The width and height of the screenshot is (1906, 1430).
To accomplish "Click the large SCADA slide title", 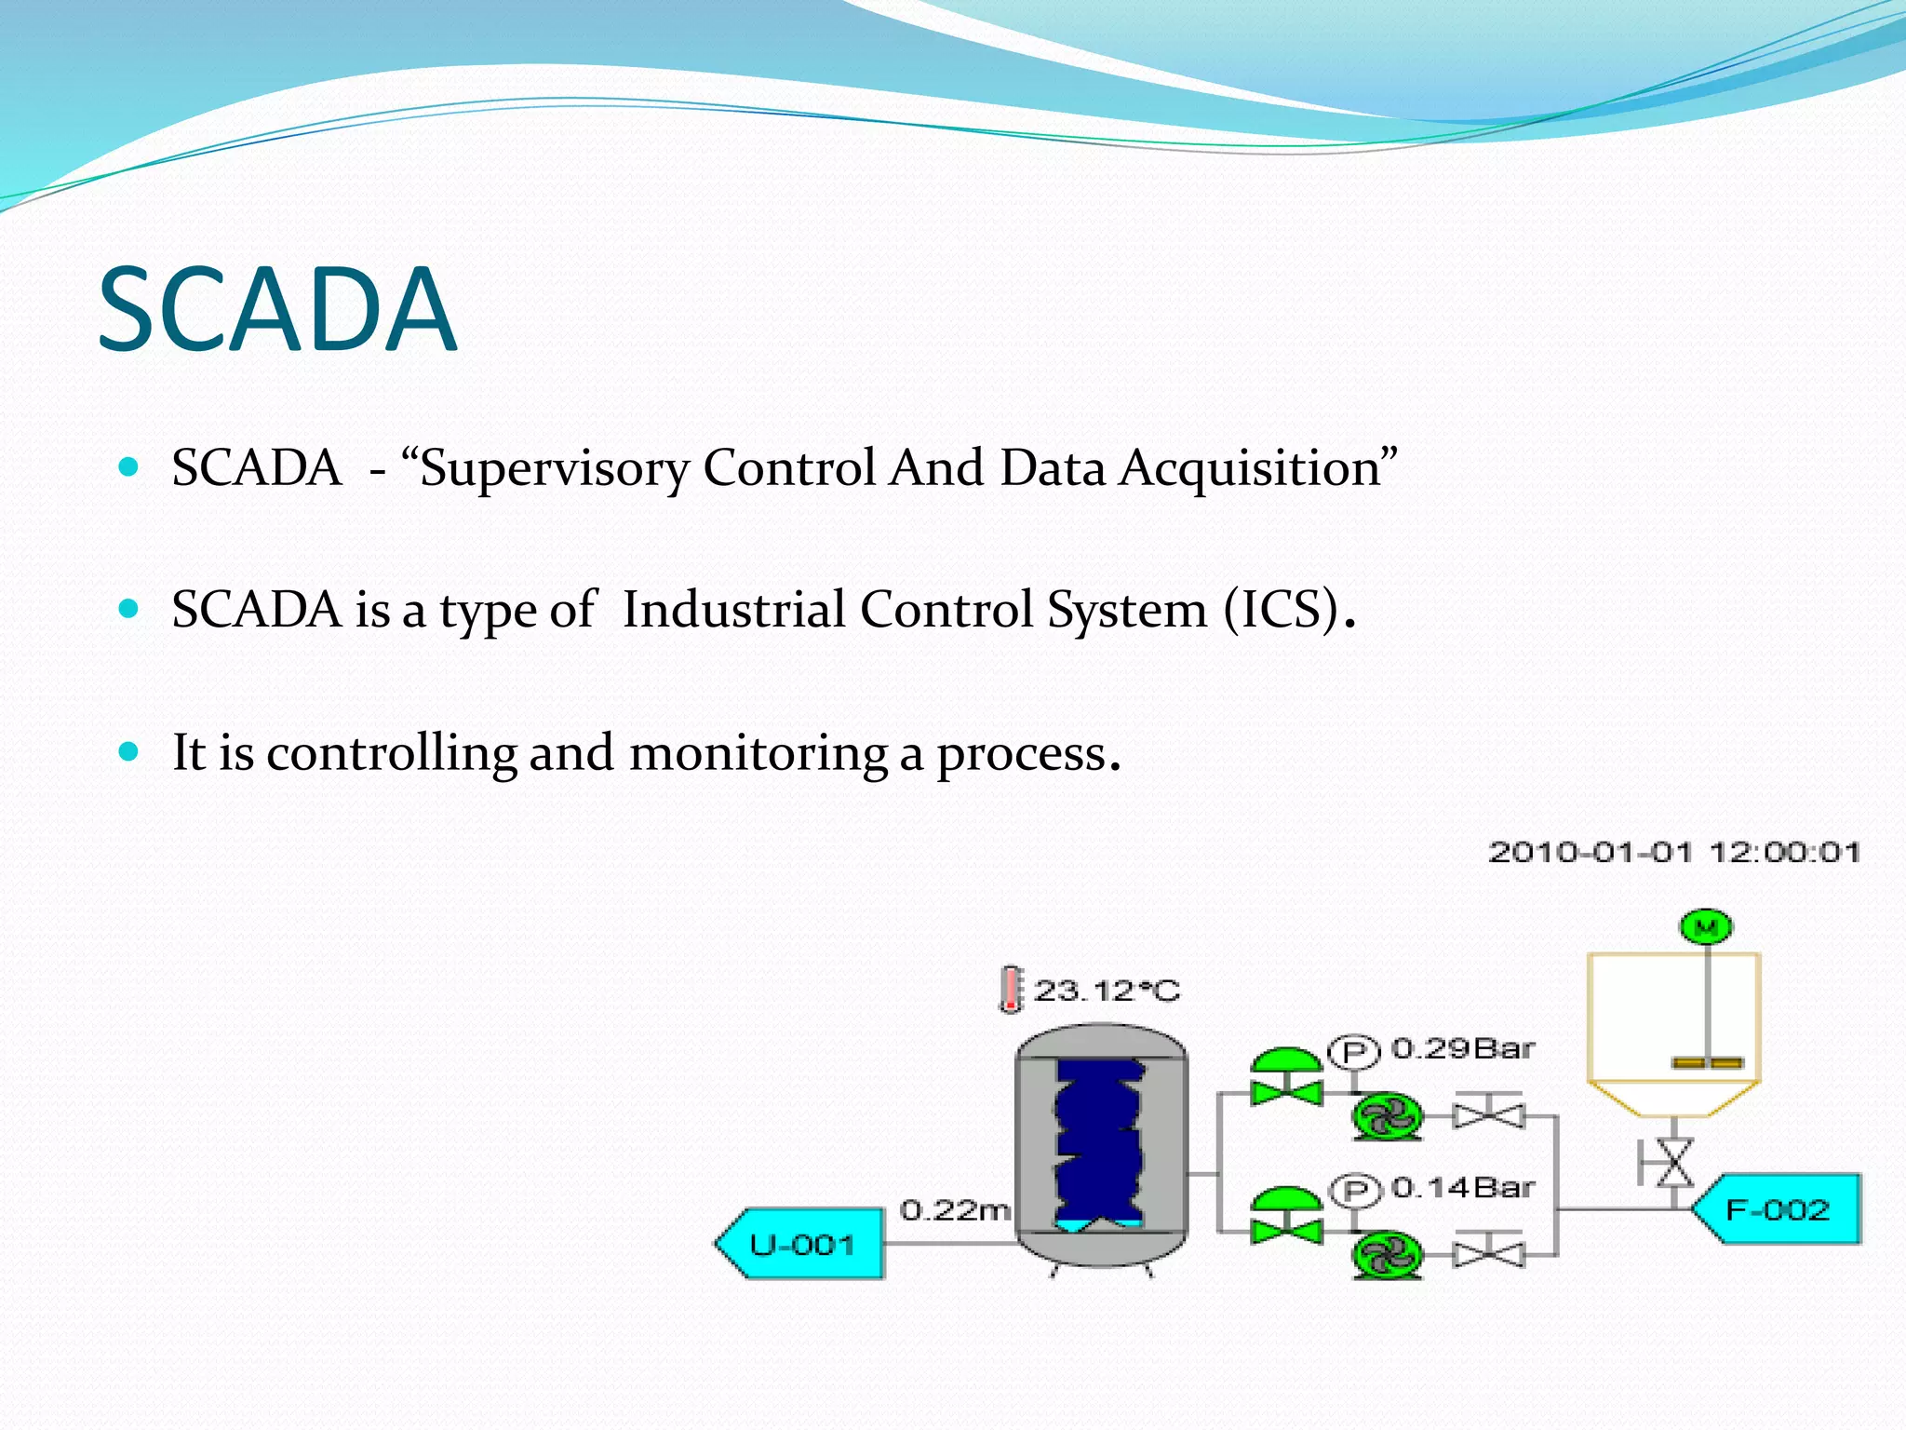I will tap(277, 310).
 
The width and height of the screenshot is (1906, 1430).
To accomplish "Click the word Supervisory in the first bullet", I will tap(554, 468).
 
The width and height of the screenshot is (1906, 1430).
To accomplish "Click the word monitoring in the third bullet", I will tap(757, 753).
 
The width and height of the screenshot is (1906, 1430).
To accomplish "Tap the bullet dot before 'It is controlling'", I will tap(129, 750).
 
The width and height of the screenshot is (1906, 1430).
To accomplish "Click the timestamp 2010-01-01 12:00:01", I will tap(1673, 852).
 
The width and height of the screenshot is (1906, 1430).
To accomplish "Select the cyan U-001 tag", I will tap(801, 1244).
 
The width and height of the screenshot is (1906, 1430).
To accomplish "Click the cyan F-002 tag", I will tap(1778, 1209).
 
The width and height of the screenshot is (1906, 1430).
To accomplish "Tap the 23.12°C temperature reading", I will tap(1107, 991).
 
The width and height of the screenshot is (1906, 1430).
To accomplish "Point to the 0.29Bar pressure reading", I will tap(1462, 1049).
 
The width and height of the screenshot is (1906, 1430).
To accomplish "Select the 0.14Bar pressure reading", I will tap(1462, 1188).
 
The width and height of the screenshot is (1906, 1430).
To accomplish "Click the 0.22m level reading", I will tap(955, 1210).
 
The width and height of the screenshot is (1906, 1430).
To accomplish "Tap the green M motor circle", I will tap(1706, 926).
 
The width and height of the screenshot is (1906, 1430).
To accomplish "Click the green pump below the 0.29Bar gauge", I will tap(1387, 1116).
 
